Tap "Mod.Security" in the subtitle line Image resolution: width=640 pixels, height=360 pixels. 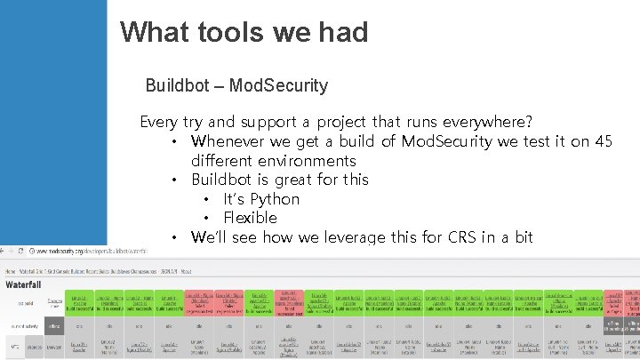278,86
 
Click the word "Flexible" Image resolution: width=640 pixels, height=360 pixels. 250,218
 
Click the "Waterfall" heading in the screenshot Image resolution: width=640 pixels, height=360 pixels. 30,284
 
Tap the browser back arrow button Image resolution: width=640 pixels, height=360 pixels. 6,252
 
